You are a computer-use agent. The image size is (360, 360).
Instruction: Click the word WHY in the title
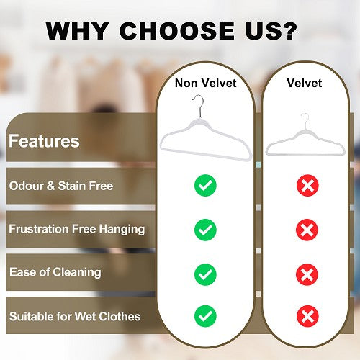pos(77,32)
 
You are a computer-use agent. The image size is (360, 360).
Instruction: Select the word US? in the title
pos(276,32)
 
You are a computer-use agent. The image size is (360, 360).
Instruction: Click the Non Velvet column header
pos(205,83)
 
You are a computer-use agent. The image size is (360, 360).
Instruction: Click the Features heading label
pos(43,140)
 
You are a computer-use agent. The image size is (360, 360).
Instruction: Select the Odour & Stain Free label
pos(60,186)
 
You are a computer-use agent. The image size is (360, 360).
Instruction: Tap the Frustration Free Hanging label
pos(76,229)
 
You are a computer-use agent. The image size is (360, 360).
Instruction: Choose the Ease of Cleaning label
pos(55,272)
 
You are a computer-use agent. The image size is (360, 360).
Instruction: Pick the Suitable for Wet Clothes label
pos(74,315)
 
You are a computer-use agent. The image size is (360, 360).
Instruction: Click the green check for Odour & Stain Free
pos(205,186)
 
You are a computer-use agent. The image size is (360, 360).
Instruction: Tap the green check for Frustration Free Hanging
pos(205,230)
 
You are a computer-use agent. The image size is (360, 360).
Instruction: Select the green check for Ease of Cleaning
pos(205,274)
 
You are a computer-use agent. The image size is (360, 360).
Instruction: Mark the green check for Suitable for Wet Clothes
pos(205,315)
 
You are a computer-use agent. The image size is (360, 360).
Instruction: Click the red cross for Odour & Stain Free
pos(307,186)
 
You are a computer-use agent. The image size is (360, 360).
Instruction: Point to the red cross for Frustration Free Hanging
pos(307,230)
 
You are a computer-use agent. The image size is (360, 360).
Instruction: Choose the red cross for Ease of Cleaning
pos(307,274)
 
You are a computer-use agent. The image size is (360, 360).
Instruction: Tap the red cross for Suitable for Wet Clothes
pos(307,315)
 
